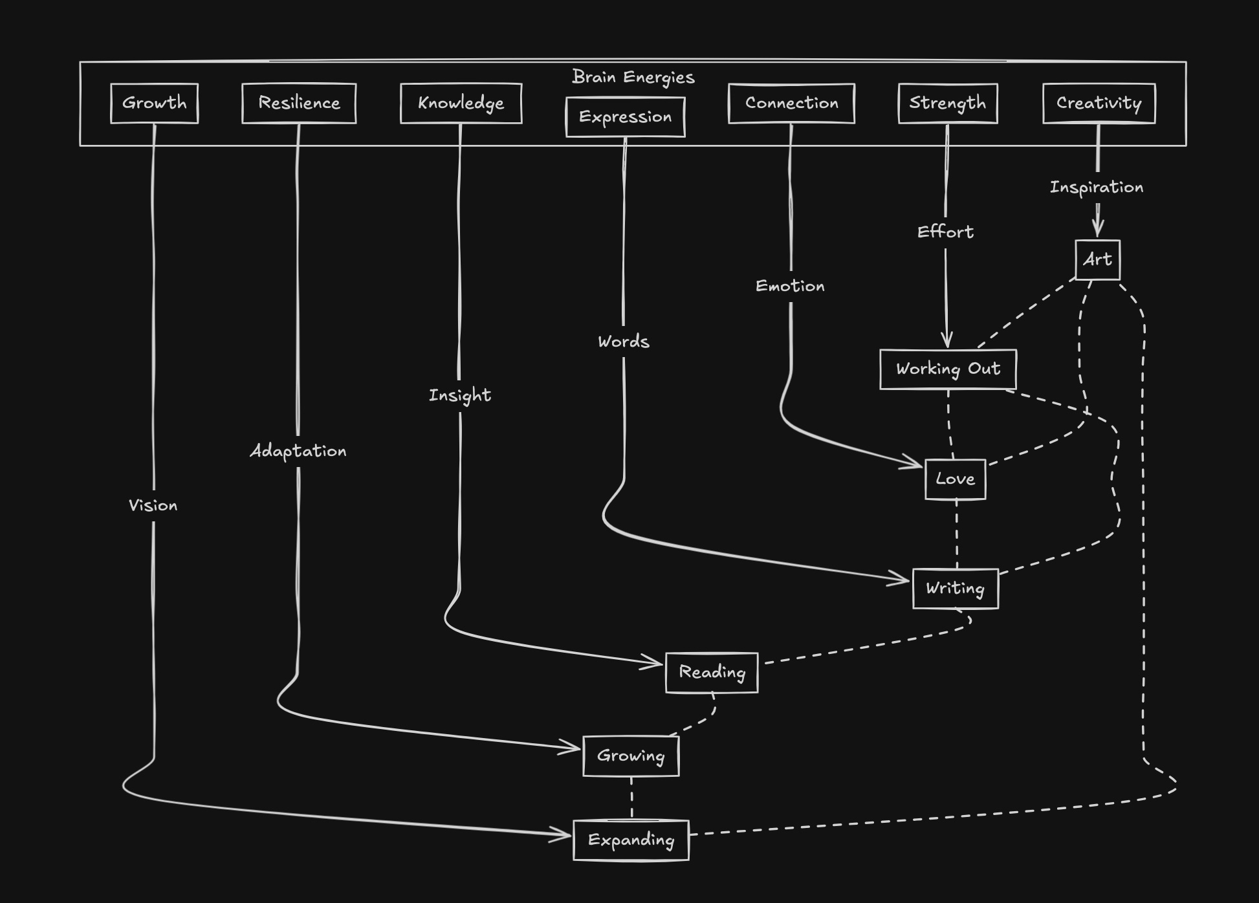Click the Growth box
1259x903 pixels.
[x=154, y=103]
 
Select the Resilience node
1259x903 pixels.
[x=299, y=103]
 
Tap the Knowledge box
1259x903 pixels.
[x=461, y=103]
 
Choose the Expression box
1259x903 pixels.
[x=625, y=117]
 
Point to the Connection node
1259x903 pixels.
[x=791, y=103]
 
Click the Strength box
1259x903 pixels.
[x=948, y=103]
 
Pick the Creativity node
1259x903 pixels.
[x=1099, y=103]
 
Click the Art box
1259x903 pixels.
[x=1097, y=260]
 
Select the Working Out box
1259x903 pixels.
[x=948, y=369]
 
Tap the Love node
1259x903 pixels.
[x=955, y=479]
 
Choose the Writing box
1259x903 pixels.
[x=955, y=589]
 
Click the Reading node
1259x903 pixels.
[x=712, y=673]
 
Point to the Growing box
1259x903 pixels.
[x=631, y=756]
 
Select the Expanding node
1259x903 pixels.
[x=631, y=840]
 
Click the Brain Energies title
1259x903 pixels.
[x=633, y=77]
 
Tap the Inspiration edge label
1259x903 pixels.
[x=1096, y=188]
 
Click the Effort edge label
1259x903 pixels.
[x=945, y=232]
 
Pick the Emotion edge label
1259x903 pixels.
[x=790, y=286]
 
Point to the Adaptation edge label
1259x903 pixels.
[x=298, y=451]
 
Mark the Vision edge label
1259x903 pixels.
[x=153, y=506]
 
